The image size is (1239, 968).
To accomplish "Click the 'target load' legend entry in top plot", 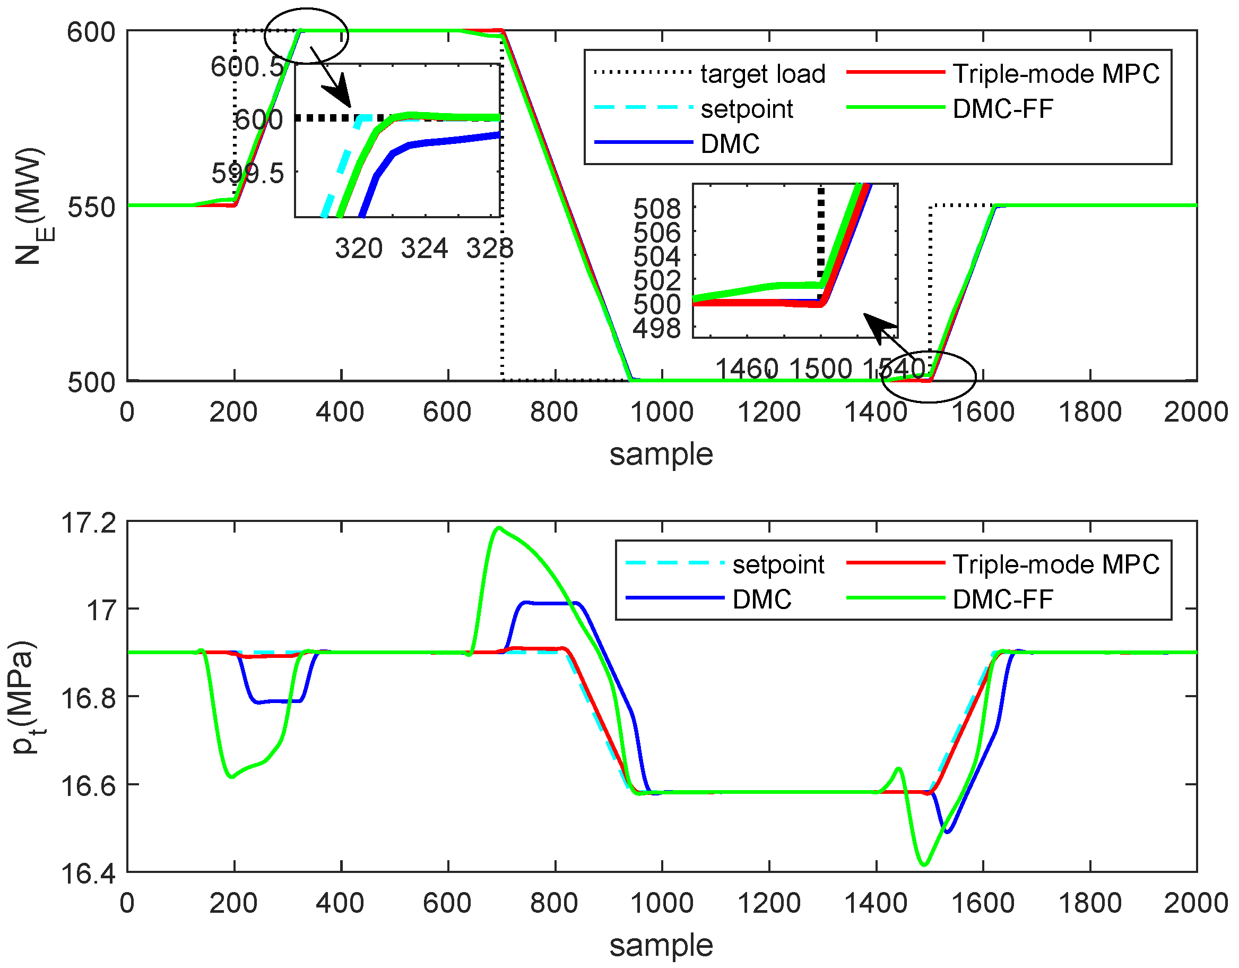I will pyautogui.click(x=763, y=74).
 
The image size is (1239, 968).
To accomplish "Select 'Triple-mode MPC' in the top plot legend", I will pyautogui.click(x=1056, y=74).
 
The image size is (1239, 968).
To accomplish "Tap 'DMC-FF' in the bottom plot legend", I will pyautogui.click(x=1002, y=599).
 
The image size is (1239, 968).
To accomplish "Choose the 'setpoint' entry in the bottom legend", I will pyautogui.click(x=778, y=565).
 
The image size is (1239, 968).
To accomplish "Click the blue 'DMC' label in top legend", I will pyautogui.click(x=730, y=144).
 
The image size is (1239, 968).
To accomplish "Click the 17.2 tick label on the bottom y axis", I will pyautogui.click(x=88, y=523).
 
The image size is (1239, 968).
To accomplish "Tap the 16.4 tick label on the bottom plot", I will pyautogui.click(x=88, y=873).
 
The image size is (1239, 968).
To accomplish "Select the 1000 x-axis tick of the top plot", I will pyautogui.click(x=662, y=412).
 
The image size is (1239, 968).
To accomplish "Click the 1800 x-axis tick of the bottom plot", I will pyautogui.click(x=1090, y=903).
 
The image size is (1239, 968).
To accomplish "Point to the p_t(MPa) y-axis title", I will pyautogui.click(x=25, y=697).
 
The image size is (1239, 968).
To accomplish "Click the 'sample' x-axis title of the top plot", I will pyautogui.click(x=661, y=455).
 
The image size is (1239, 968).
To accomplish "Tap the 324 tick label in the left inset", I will pyautogui.click(x=424, y=249).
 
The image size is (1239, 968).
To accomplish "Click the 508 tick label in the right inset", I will pyautogui.click(x=657, y=210).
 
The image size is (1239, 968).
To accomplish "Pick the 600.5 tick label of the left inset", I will pyautogui.click(x=247, y=67).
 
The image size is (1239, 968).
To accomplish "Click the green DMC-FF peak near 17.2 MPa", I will pyautogui.click(x=499, y=528).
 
